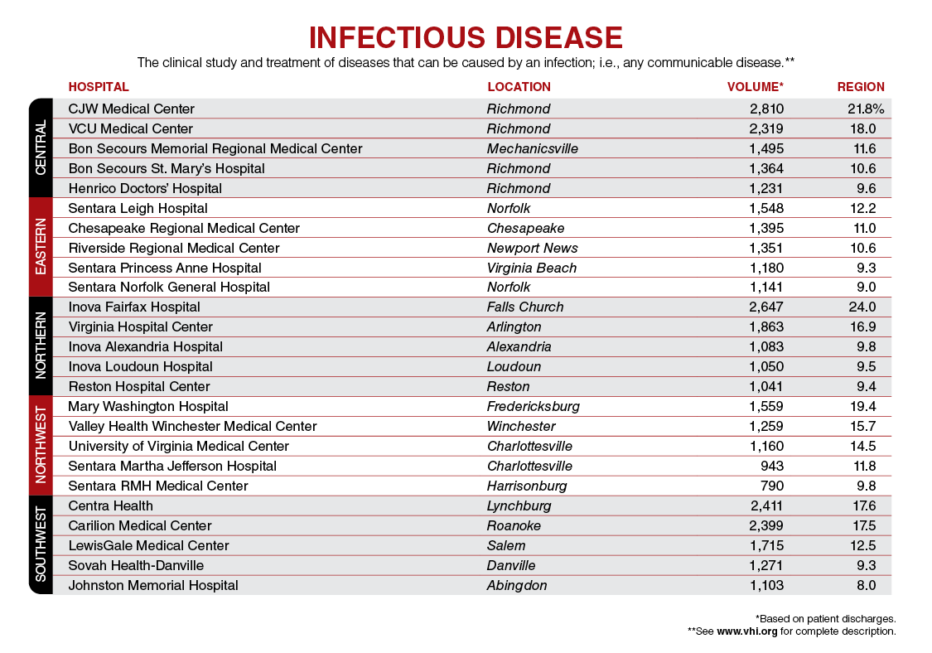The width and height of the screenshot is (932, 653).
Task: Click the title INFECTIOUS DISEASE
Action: point(466,37)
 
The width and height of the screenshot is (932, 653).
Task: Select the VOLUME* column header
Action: point(755,87)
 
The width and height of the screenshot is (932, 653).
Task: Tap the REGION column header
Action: point(861,87)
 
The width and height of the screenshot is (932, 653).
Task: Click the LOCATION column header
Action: point(519,87)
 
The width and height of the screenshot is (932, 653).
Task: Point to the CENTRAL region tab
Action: point(41,148)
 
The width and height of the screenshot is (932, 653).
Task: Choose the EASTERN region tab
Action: point(41,247)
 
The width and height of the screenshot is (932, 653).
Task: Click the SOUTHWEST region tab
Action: point(41,545)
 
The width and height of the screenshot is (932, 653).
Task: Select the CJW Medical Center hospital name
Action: point(132,109)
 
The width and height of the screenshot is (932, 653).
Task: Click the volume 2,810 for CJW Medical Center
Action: point(766,109)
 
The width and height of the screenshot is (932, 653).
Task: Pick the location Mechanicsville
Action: point(533,148)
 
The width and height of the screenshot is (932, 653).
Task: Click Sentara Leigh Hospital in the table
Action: point(138,208)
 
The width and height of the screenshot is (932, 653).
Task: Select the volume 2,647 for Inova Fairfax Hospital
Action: point(766,307)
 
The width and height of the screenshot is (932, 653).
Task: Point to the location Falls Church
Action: point(525,307)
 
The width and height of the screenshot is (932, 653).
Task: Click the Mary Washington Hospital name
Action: point(148,406)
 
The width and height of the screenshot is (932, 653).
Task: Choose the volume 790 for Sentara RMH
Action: point(772,486)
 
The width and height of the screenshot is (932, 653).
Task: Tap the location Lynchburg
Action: point(519,505)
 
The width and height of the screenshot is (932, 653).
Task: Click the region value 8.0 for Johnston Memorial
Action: point(867,585)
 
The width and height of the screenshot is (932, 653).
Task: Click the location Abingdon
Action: point(517,585)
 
